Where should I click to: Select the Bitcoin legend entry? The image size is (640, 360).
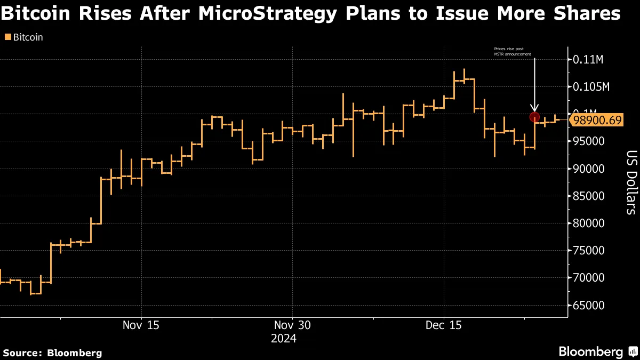click(28, 37)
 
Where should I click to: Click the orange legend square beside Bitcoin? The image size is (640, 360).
click(7, 37)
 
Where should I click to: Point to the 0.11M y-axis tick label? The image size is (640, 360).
click(588, 59)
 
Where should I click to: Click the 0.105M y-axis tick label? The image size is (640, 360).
click(591, 86)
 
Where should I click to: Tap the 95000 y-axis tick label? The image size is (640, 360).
click(588, 141)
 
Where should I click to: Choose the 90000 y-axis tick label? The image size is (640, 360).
click(588, 169)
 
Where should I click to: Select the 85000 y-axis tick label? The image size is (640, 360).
click(588, 196)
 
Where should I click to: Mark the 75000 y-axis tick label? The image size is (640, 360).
click(588, 251)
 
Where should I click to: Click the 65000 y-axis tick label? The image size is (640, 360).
click(588, 305)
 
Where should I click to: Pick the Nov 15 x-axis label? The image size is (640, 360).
click(141, 325)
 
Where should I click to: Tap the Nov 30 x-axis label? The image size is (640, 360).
click(292, 325)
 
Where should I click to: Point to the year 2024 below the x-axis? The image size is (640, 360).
click(283, 338)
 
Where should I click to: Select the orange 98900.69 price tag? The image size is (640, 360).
click(596, 121)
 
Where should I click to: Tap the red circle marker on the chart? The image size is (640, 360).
click(534, 117)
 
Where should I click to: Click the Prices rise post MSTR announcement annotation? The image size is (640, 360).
click(513, 51)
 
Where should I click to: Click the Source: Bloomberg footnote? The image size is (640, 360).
click(52, 353)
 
